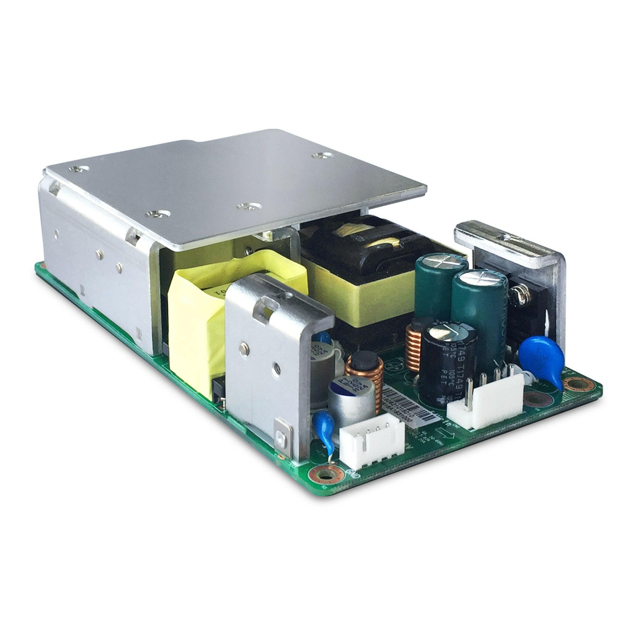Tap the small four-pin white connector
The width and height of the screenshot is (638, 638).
tap(372, 438)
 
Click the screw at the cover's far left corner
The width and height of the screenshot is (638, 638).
tap(78, 169)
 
